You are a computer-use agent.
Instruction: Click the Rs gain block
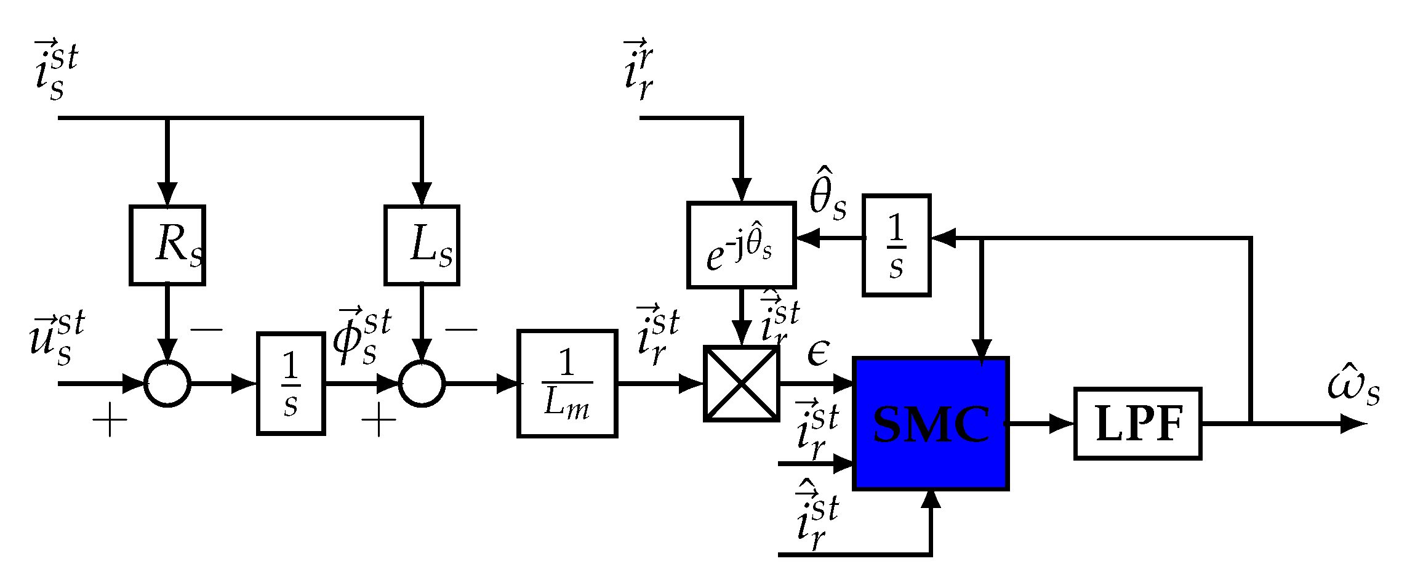tap(167, 245)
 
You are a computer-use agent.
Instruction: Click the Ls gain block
tap(422, 245)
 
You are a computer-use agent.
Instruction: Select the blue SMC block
tap(931, 424)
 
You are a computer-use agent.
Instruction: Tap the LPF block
tap(1138, 424)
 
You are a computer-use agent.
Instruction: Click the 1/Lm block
tap(567, 383)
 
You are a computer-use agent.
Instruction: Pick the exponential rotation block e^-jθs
tap(742, 245)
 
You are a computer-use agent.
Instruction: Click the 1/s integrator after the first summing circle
tap(291, 383)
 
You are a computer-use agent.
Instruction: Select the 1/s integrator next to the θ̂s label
tap(896, 245)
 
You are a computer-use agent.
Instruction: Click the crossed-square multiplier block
tap(742, 383)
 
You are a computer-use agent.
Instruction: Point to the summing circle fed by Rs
tap(167, 383)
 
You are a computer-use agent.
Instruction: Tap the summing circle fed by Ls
tap(422, 383)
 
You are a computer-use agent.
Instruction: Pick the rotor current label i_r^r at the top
tap(639, 69)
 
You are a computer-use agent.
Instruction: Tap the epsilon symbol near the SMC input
tap(818, 353)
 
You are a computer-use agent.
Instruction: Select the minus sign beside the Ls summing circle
tap(461, 330)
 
